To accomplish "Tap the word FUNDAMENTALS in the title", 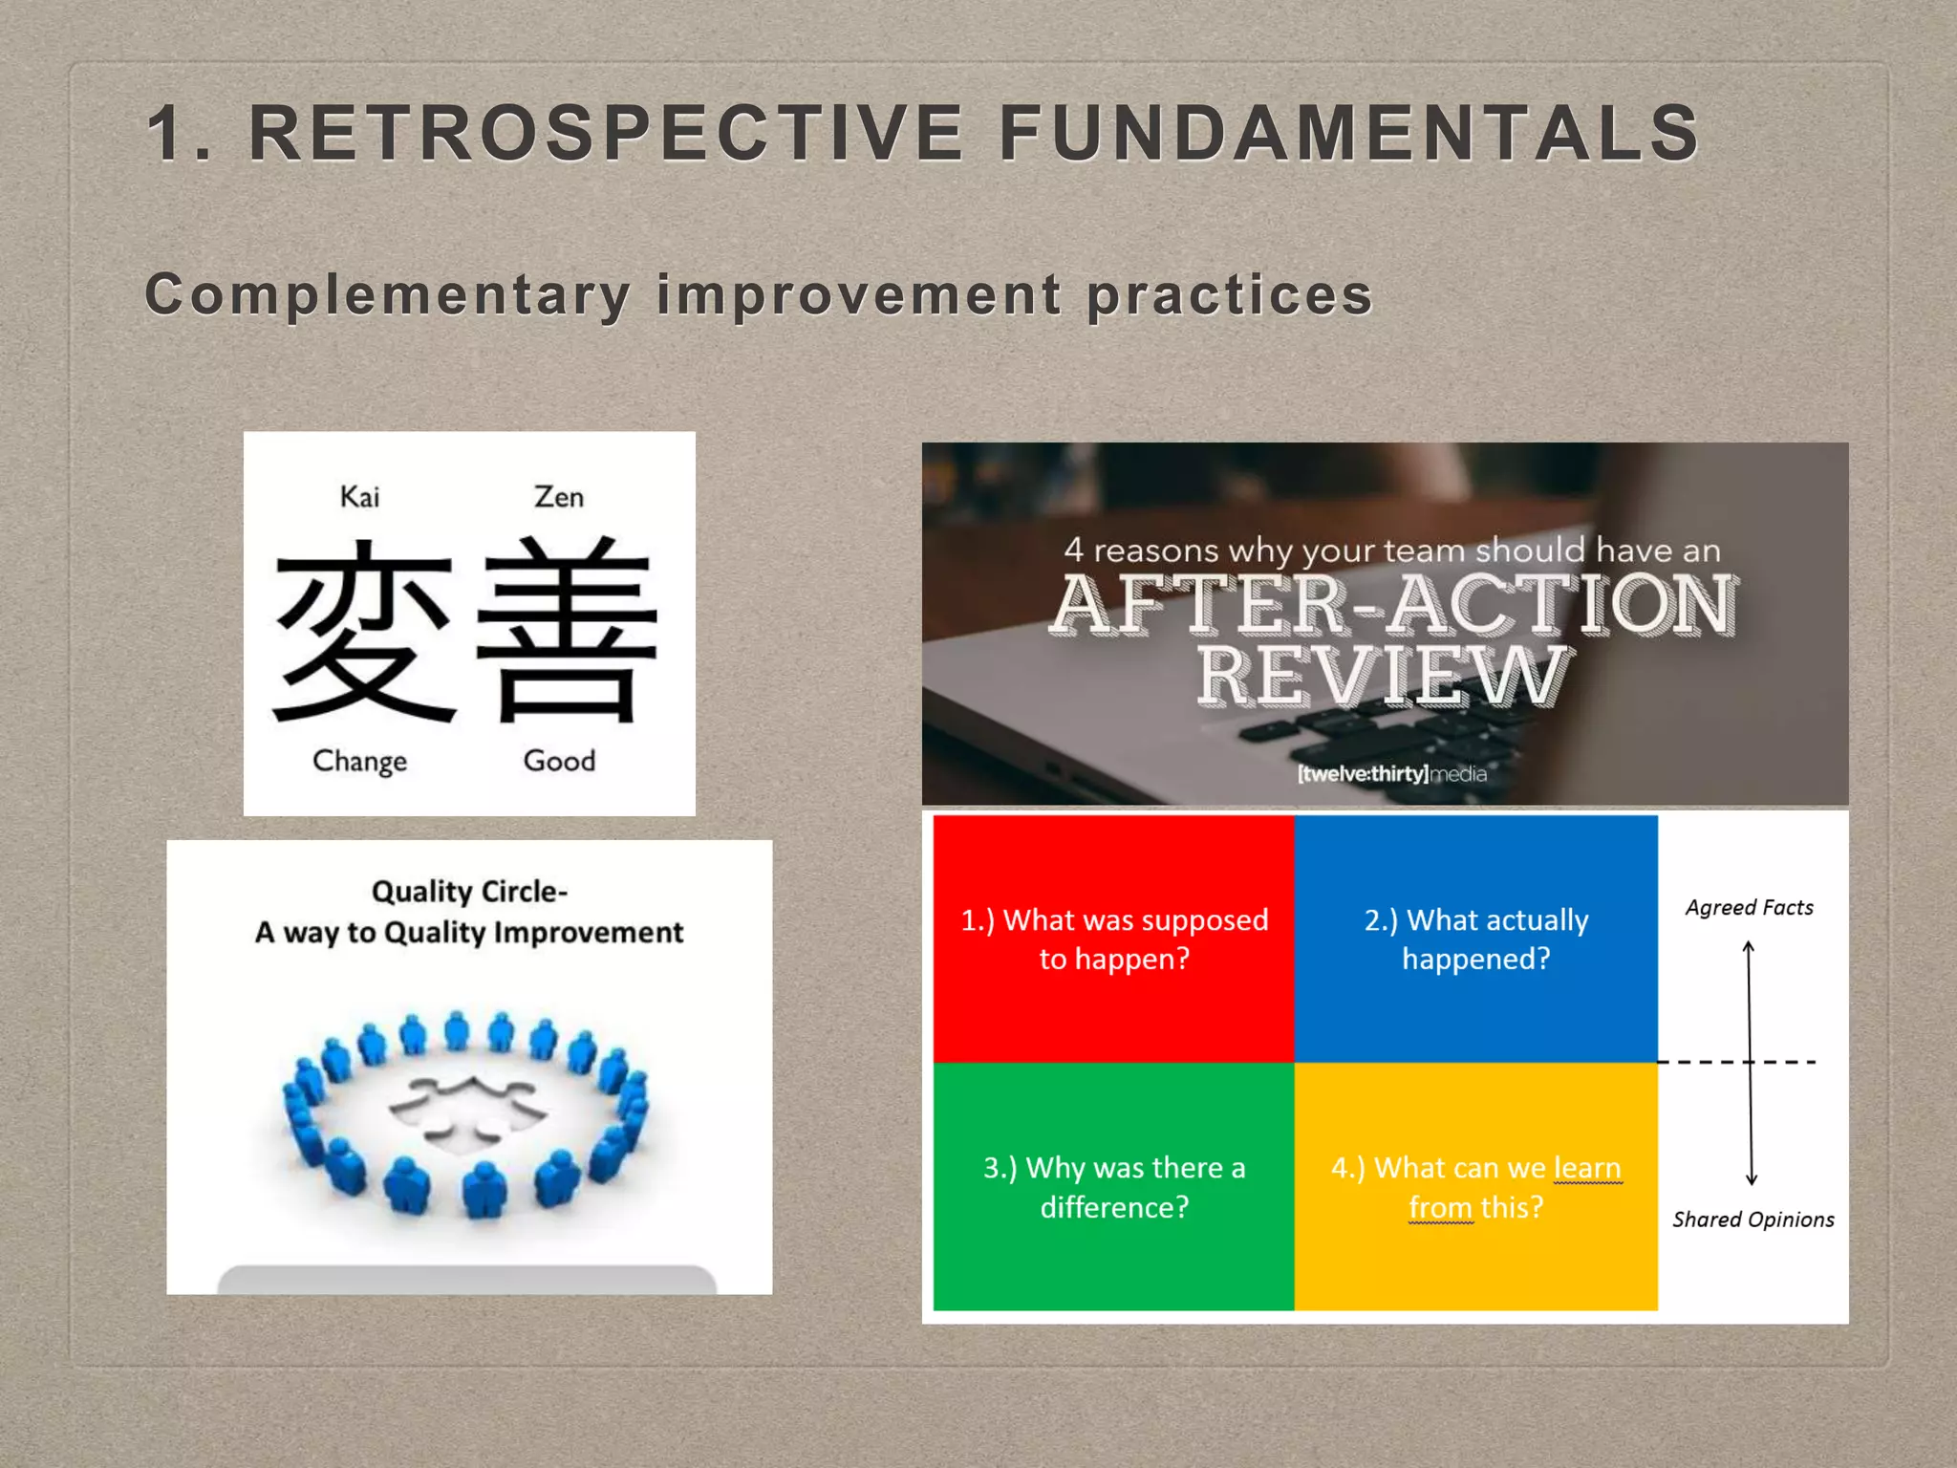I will (x=1348, y=133).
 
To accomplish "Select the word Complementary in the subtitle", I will (x=387, y=293).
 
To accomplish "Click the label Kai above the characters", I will (x=359, y=497).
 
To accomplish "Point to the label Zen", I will (x=558, y=497).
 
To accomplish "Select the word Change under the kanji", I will (x=359, y=761).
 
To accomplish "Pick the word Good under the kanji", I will (x=559, y=761).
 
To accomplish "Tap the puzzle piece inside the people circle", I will (x=468, y=1109).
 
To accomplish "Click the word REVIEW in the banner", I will (x=1382, y=677).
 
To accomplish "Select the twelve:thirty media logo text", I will (x=1391, y=773).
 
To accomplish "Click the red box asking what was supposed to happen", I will (x=1114, y=939).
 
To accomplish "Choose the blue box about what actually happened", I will (x=1475, y=939).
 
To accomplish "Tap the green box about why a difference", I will (x=1114, y=1187).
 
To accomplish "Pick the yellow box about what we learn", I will (x=1475, y=1187).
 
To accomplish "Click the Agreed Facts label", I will (x=1749, y=907).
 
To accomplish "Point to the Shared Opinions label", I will (x=1753, y=1220).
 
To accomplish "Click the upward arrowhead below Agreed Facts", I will (x=1748, y=947).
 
